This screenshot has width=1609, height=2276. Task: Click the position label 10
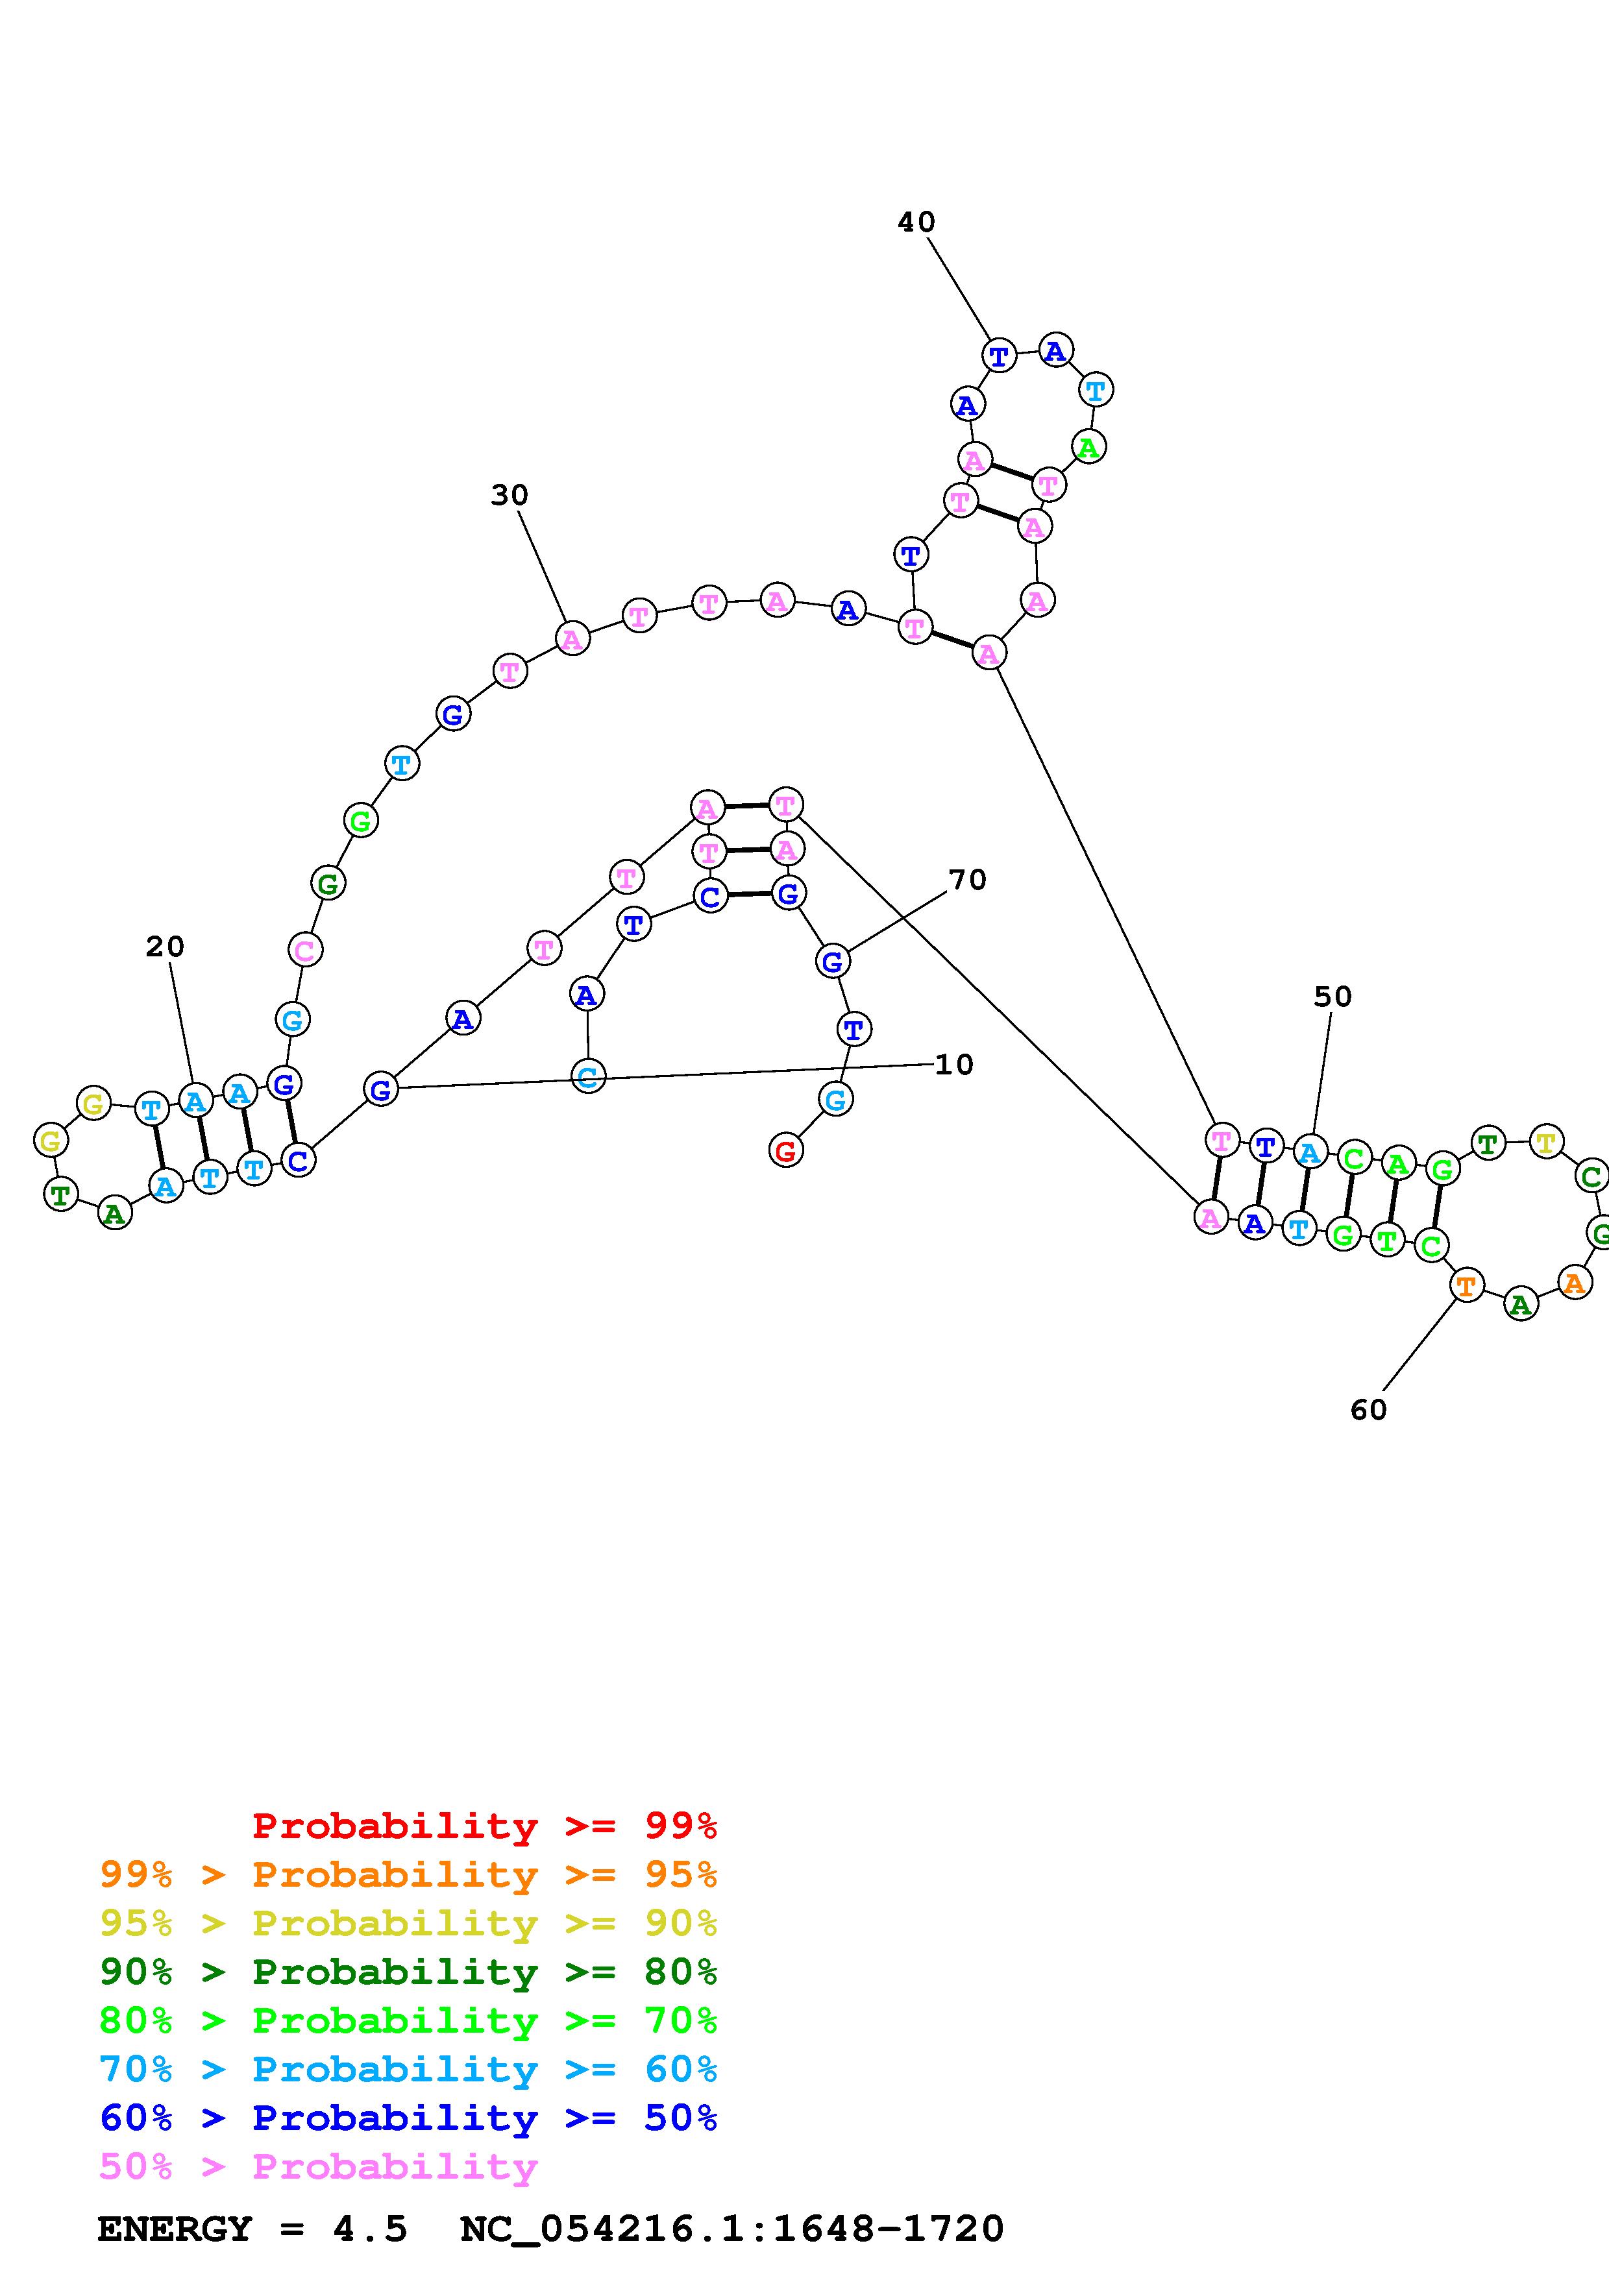point(953,1065)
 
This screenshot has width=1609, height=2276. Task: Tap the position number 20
point(165,947)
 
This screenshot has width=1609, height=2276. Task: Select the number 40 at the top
point(916,222)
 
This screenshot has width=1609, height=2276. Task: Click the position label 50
point(1333,997)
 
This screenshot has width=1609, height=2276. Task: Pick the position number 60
point(1368,1410)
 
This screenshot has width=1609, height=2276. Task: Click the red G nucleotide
point(785,1151)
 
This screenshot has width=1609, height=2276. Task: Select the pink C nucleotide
point(305,950)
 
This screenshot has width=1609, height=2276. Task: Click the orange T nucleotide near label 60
point(1466,1287)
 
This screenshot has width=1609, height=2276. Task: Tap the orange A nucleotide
point(1573,1283)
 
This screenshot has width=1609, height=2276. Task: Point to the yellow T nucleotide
point(1545,1142)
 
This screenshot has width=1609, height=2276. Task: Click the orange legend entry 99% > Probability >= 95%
point(408,1874)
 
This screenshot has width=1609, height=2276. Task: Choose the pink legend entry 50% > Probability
point(318,2167)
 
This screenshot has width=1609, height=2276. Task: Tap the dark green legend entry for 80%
point(408,1972)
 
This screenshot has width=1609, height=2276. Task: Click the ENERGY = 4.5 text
point(252,2229)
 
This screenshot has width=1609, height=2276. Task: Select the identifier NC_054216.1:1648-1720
point(731,2229)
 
